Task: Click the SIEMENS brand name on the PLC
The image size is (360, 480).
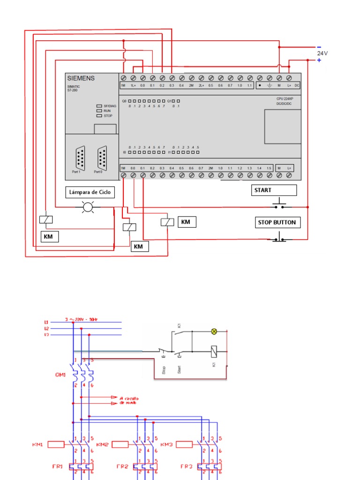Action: click(x=81, y=78)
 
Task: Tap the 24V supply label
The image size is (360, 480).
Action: click(x=322, y=53)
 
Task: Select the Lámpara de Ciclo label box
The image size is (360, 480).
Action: click(x=90, y=192)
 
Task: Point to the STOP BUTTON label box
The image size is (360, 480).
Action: click(x=277, y=222)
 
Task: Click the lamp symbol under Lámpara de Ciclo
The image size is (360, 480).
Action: click(x=88, y=206)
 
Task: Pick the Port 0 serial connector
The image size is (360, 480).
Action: click(x=102, y=158)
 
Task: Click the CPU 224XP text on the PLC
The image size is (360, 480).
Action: click(x=285, y=99)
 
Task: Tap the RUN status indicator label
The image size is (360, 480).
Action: click(x=107, y=111)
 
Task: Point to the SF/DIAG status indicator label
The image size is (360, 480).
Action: click(x=110, y=106)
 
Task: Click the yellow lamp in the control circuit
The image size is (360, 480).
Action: click(x=214, y=331)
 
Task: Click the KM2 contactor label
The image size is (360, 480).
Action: click(x=103, y=444)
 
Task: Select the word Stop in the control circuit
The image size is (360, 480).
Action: click(x=164, y=370)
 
